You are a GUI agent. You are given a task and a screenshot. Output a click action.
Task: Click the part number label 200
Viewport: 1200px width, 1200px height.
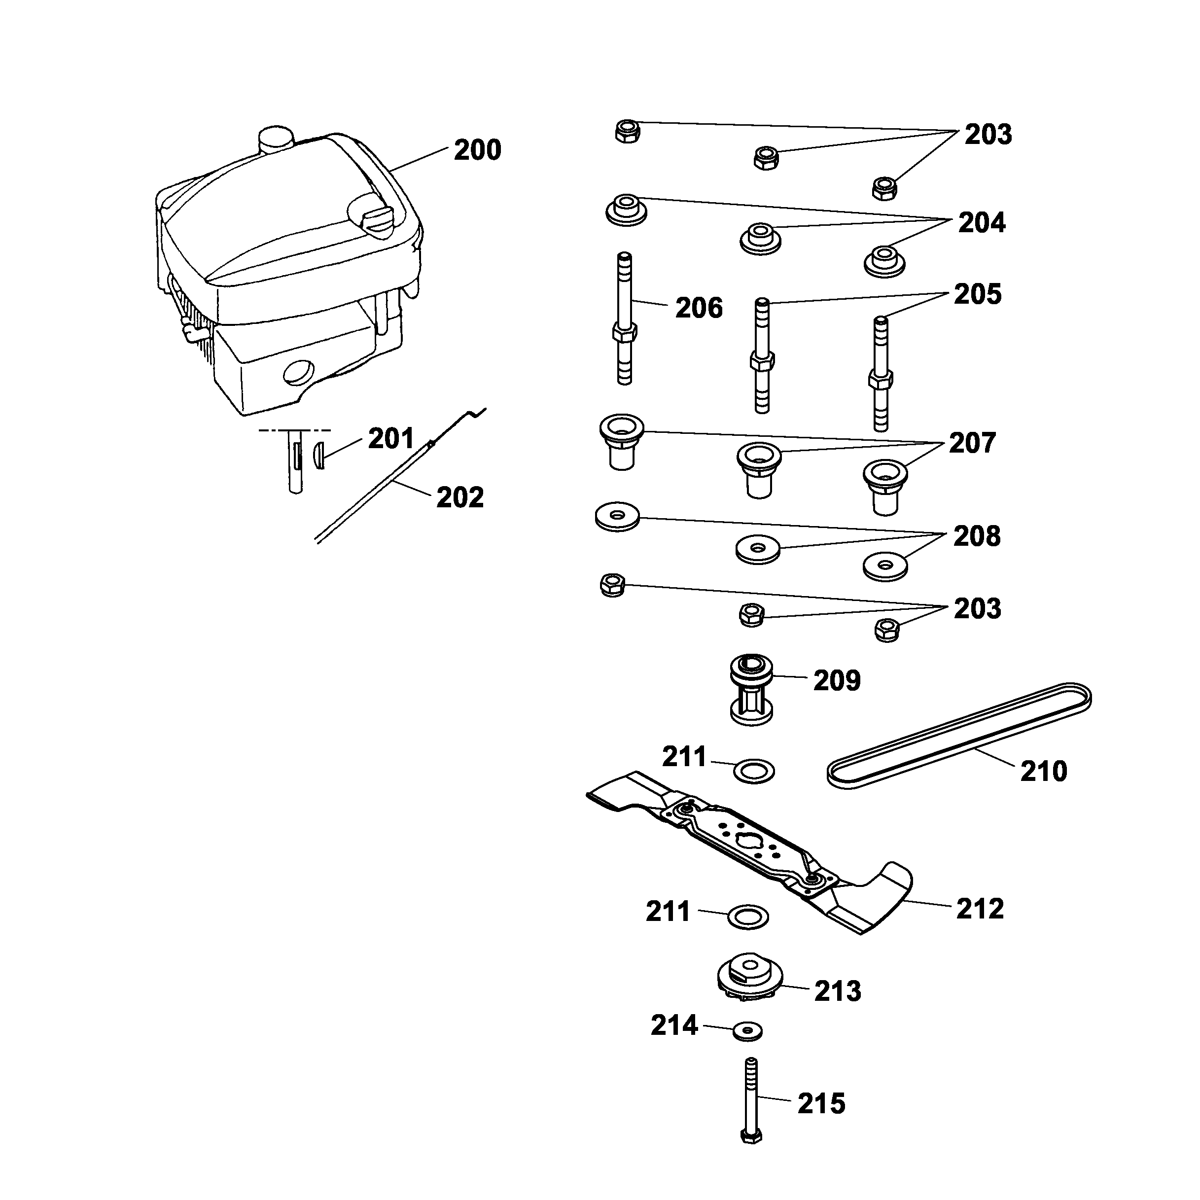point(477,150)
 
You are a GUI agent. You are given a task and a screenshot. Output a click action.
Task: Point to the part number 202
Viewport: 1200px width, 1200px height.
point(459,497)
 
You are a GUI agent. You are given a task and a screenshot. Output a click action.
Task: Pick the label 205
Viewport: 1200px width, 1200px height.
point(977,294)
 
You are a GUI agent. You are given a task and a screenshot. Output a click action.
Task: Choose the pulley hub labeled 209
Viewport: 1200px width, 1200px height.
point(751,689)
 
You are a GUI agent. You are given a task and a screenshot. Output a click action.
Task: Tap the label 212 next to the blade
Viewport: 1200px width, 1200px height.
point(980,909)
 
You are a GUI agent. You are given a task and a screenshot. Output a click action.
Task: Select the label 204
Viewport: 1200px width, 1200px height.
point(982,222)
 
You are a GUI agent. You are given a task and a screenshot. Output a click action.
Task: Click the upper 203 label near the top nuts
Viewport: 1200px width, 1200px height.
point(988,134)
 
